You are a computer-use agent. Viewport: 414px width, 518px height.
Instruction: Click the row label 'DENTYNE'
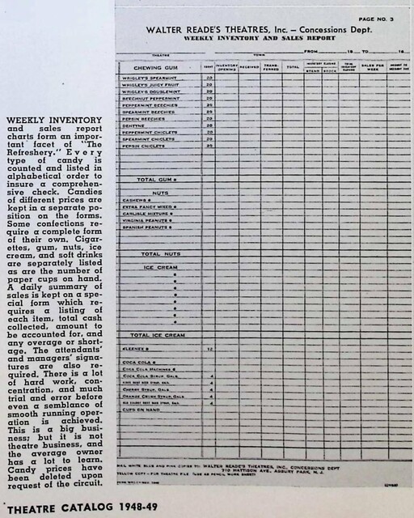(134, 125)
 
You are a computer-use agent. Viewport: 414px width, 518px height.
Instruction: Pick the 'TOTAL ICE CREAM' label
(158, 334)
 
